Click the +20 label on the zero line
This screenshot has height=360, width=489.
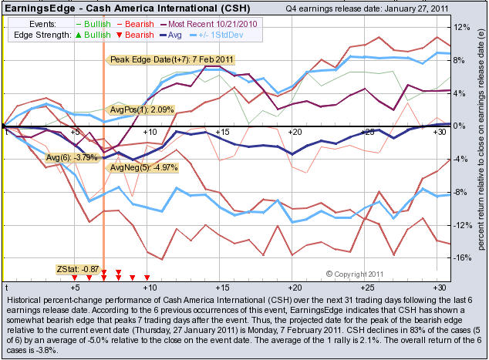point(293,133)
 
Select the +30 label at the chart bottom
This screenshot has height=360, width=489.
point(440,286)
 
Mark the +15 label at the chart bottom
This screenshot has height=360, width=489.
point(221,286)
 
